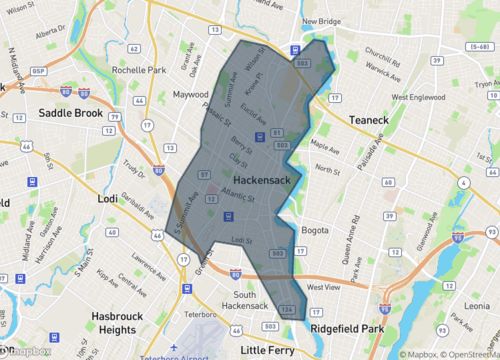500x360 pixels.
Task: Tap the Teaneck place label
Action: pyautogui.click(x=373, y=119)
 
